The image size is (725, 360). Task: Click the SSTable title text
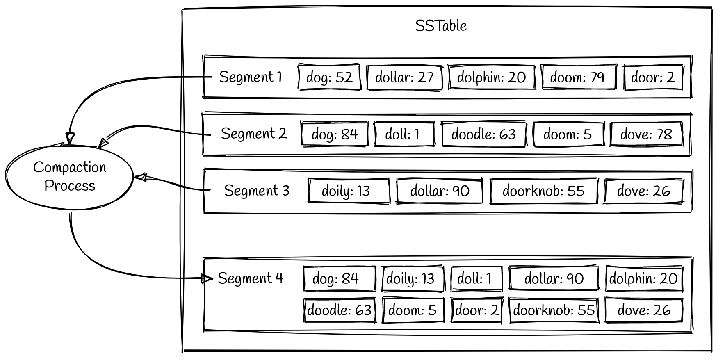[441, 26]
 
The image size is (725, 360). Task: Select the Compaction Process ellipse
[69, 176]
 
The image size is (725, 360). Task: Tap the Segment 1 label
[251, 77]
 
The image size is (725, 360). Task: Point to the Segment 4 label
[251, 278]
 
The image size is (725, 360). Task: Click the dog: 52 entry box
[329, 77]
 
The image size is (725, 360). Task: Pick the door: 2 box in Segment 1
[653, 77]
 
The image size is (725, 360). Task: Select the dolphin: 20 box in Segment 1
[491, 77]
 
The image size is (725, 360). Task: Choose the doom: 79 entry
[578, 77]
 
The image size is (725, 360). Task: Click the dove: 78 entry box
[646, 134]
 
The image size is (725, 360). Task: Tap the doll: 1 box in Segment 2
[404, 134]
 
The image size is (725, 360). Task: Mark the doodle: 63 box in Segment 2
[483, 134]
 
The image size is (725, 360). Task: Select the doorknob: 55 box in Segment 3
[543, 191]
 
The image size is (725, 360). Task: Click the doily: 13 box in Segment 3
[348, 191]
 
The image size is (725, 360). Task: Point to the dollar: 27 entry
[404, 77]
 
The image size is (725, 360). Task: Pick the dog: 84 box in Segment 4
[339, 279]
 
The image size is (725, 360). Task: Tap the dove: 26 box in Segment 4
[644, 310]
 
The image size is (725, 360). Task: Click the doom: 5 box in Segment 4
[413, 310]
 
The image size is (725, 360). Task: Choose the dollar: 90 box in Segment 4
[554, 279]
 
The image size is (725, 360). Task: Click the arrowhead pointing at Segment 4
[207, 279]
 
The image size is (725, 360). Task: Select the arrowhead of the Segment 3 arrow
[141, 177]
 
